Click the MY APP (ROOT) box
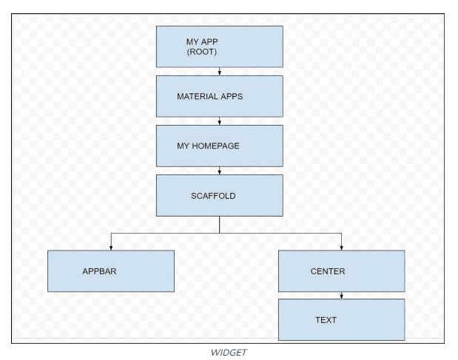pos(219,47)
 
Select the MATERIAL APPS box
pos(219,96)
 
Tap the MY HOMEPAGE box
pos(219,146)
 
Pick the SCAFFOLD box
pos(219,195)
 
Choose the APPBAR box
pos(111,271)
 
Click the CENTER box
pos(341,271)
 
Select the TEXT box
pos(341,319)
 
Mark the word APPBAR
pos(99,271)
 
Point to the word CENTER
pos(328,271)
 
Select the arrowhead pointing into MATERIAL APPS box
pos(220,73)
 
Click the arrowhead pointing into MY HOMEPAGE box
pos(220,122)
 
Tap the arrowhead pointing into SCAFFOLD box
pos(220,171)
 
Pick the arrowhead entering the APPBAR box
pos(111,247)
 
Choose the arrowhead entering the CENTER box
pos(341,247)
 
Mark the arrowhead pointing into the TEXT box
pos(341,296)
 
